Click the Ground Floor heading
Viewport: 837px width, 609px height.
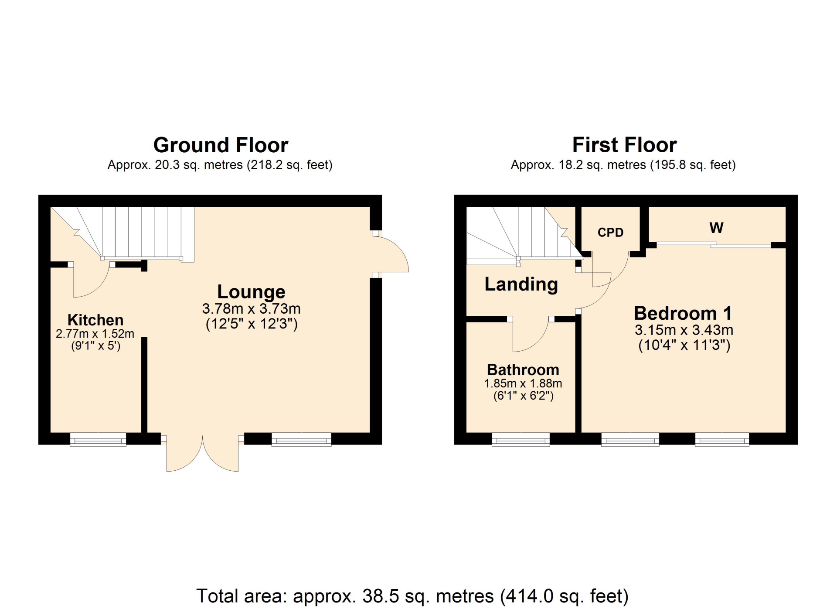tap(221, 145)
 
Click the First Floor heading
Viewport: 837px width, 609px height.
tap(624, 145)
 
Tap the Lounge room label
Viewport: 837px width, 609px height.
tap(251, 292)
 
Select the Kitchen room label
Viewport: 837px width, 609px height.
tap(95, 320)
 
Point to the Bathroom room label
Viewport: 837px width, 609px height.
tap(523, 370)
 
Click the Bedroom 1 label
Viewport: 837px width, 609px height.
tap(683, 313)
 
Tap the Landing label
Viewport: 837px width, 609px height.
tap(521, 284)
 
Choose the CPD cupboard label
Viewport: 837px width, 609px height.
tap(610, 233)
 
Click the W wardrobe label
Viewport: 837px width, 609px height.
tap(716, 228)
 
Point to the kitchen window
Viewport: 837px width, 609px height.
tap(98, 440)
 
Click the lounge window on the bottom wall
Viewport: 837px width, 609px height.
tap(302, 440)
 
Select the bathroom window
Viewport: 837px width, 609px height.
tap(521, 440)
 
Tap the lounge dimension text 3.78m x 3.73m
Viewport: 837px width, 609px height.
tap(251, 309)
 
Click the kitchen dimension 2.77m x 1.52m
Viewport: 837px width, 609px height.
tap(95, 334)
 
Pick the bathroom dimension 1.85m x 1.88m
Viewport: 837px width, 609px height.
tap(523, 384)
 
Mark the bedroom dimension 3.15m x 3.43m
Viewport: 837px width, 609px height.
tap(684, 330)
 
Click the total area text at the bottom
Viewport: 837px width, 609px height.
tap(412, 596)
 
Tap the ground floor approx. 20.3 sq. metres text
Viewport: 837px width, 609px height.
tap(220, 165)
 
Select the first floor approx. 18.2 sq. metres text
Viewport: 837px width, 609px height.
tap(623, 165)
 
